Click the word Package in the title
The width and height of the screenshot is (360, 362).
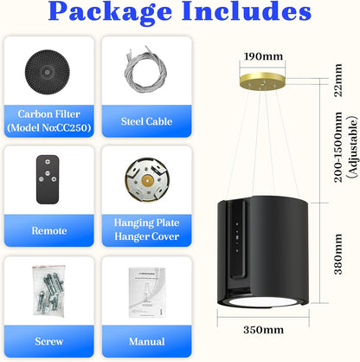coord(110,12)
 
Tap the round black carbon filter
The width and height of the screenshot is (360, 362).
coord(48,72)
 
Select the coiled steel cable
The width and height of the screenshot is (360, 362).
coord(145,70)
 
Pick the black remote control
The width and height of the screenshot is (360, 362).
coord(48,179)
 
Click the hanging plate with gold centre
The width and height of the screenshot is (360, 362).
coord(147,180)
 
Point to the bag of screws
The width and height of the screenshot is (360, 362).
coord(48,290)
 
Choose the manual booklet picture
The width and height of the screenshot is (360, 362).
coord(147,292)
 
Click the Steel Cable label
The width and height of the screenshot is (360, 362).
coord(146,121)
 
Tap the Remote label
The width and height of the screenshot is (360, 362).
coord(49,230)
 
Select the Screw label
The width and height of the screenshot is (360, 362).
coord(49,341)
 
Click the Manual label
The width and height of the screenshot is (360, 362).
coord(147,341)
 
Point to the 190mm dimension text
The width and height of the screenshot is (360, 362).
coord(263,56)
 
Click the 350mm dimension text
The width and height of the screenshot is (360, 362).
coord(263,330)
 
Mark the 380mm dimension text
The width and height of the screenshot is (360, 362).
coord(337,254)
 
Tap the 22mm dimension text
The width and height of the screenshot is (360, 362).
coord(337,81)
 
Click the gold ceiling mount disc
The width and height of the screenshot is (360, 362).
coord(262,81)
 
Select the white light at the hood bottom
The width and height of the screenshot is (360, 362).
coord(262,302)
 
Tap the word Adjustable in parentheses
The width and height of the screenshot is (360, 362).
coord(352,147)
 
